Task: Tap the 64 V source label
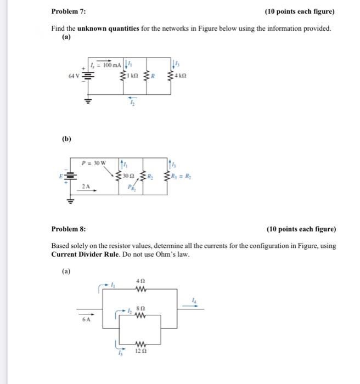74,75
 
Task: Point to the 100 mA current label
107,65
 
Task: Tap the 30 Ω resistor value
128,176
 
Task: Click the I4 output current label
193,299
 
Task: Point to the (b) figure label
66,139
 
